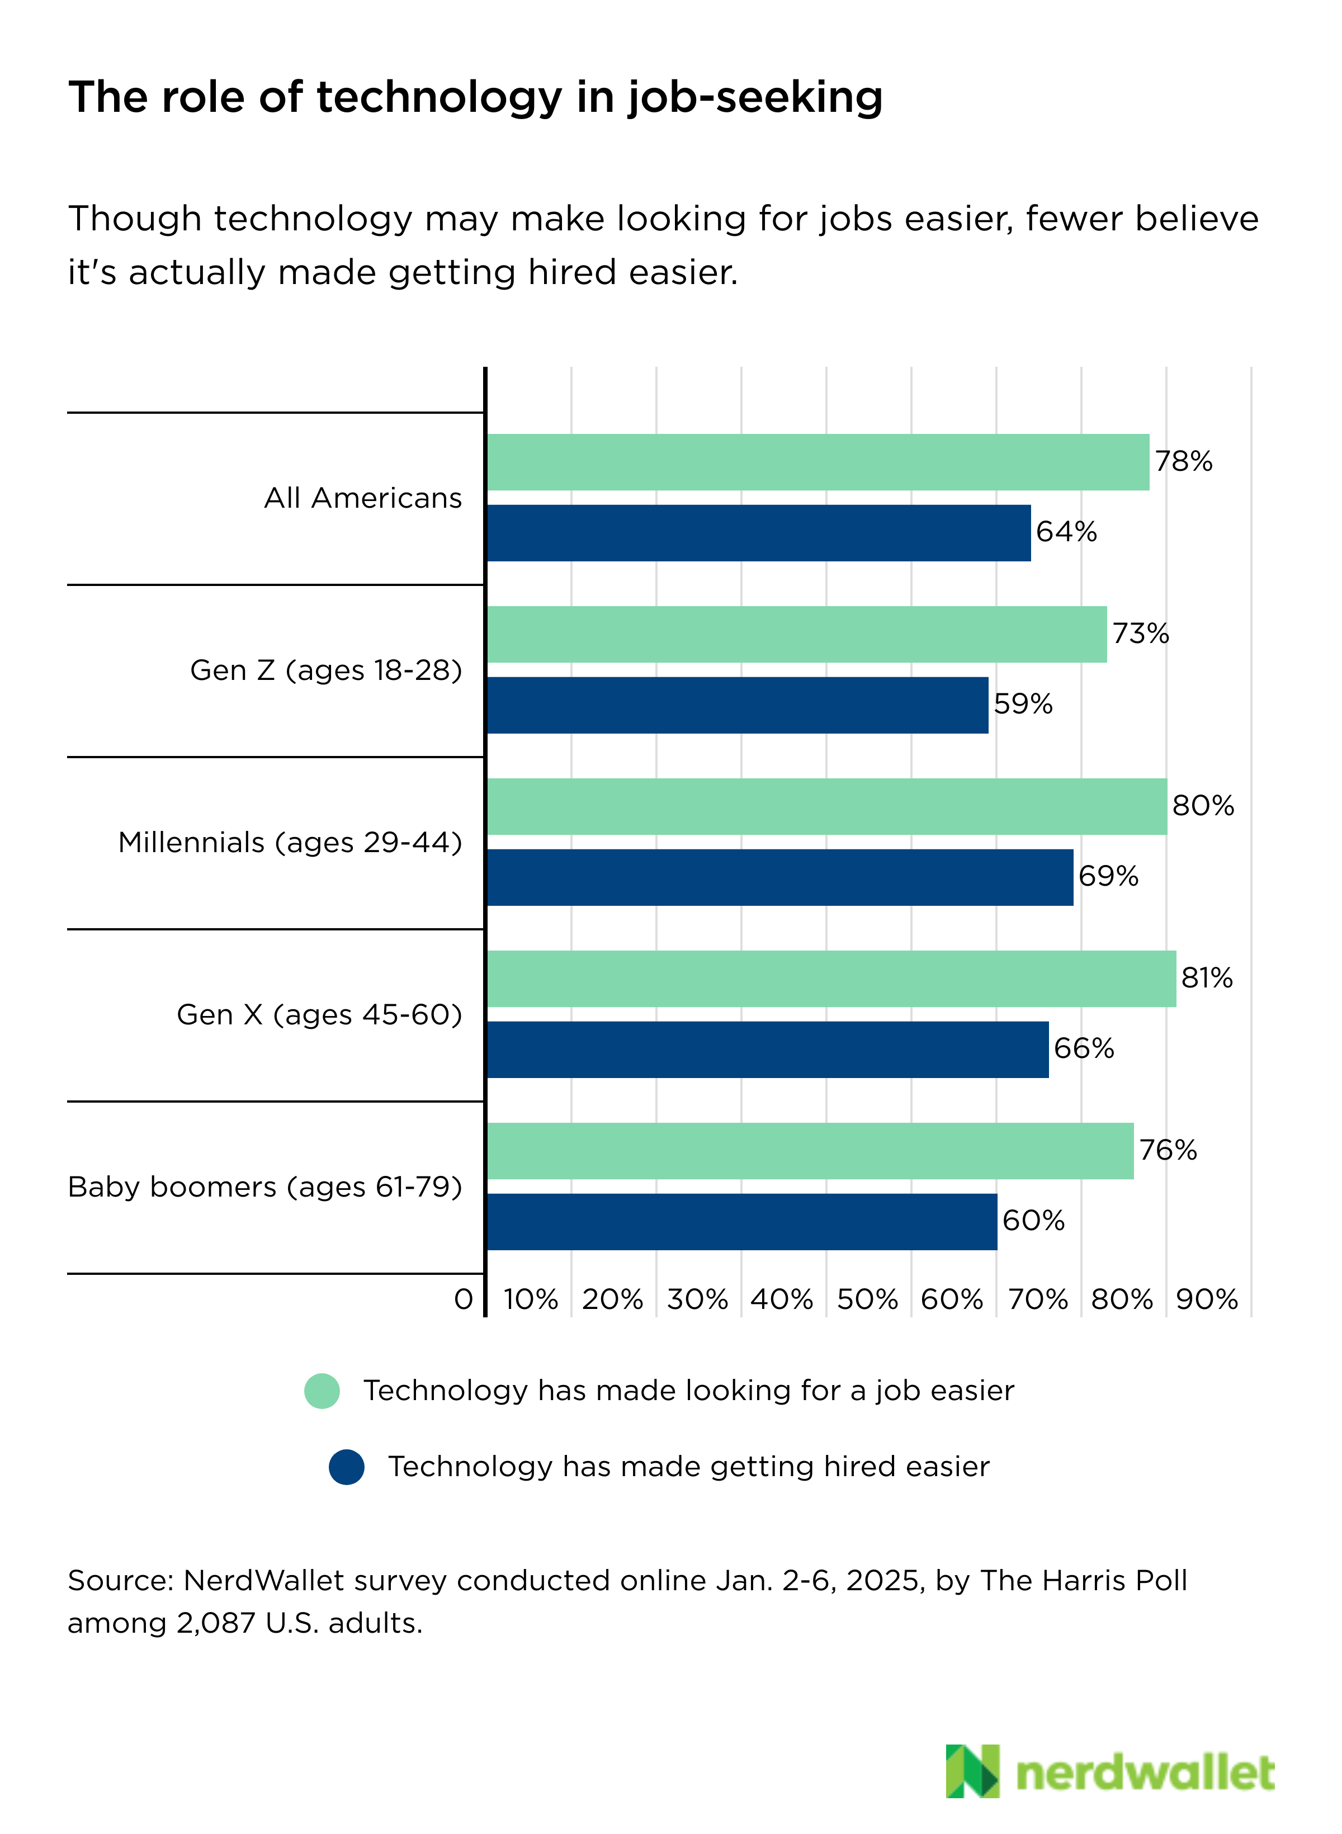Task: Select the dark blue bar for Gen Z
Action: coord(737,705)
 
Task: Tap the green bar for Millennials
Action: coord(826,806)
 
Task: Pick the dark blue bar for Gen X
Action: coord(767,1050)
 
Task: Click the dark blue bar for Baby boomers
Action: coord(741,1222)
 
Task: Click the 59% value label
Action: coord(1023,704)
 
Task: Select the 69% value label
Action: coord(1108,876)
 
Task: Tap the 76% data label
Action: coord(1168,1150)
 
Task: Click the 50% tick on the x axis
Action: coord(867,1299)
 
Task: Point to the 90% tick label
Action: coord(1206,1299)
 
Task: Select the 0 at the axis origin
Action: coord(463,1299)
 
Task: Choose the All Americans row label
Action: coord(362,498)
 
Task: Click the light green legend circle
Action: coord(322,1391)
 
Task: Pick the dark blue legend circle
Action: coord(346,1467)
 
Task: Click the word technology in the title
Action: coord(439,97)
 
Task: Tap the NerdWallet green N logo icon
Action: coord(972,1771)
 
